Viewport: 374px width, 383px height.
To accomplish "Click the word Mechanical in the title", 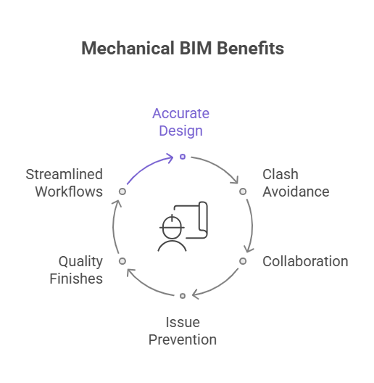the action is pos(128,48).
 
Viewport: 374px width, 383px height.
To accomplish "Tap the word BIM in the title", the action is pos(196,48).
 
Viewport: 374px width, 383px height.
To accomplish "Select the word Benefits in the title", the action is pos(251,48).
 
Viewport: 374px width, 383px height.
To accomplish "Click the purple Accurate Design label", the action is pos(181,122).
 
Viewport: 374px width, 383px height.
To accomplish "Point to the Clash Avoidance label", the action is pos(296,183).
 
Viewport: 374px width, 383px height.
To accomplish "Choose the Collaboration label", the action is pos(305,261).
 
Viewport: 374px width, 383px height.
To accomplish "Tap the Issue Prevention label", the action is pos(183,331).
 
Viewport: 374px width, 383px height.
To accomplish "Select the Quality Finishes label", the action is pos(76,270).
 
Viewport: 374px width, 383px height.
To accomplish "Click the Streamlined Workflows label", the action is pos(65,183).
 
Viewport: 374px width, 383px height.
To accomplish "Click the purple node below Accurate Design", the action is pos(183,157).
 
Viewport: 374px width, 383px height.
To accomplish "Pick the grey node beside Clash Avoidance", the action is pos(243,191).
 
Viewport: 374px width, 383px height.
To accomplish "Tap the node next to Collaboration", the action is pos(243,261).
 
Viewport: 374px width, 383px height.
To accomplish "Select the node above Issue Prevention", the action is pos(183,296).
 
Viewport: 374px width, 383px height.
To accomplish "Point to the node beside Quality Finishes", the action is pos(122,261).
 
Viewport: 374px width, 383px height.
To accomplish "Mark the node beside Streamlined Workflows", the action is pos(122,191).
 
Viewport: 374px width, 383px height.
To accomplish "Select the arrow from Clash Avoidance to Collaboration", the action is pos(252,226).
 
